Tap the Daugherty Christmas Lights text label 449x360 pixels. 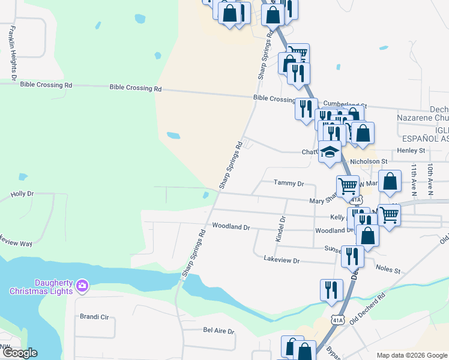point(41,287)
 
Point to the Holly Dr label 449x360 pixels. point(22,194)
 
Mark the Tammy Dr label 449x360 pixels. point(289,182)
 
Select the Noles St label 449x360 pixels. point(388,271)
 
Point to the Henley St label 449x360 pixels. point(411,150)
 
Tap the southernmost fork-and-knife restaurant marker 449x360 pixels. point(331,290)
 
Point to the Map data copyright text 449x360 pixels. point(411,355)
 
